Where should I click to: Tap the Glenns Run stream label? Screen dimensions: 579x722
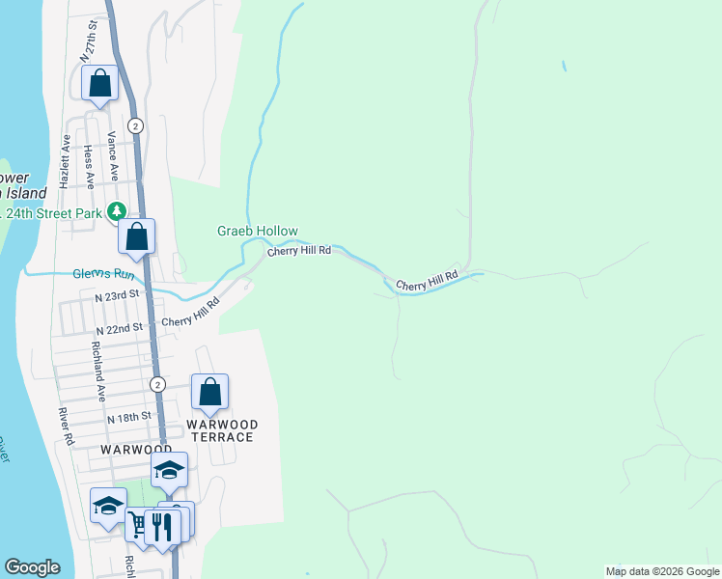click(x=104, y=274)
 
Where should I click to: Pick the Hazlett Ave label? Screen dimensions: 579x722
click(x=66, y=160)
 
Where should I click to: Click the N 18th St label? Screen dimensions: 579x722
click(x=129, y=418)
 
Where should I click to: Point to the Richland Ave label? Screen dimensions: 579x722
click(x=97, y=372)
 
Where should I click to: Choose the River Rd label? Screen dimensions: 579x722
click(x=65, y=426)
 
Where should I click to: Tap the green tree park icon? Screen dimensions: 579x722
click(x=117, y=210)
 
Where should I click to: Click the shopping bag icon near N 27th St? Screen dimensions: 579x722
click(x=99, y=84)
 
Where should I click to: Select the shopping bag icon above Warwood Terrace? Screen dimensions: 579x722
click(x=209, y=393)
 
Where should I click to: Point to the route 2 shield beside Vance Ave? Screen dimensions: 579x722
click(x=135, y=125)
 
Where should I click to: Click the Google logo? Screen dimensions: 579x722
click(x=32, y=567)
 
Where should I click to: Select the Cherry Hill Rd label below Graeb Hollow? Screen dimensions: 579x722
click(x=299, y=250)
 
